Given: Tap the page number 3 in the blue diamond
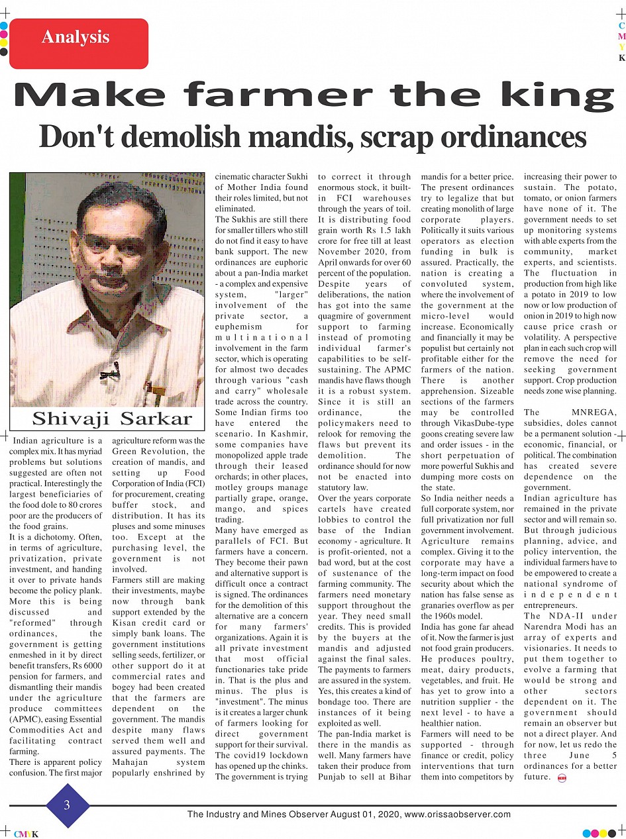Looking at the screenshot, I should click(x=67, y=805).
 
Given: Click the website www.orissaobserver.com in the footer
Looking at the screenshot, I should click(x=457, y=814).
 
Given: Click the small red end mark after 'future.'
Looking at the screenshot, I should click(x=562, y=777).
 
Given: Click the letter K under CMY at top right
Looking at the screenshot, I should click(x=621, y=58).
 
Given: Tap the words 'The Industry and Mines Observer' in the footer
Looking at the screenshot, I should click(x=252, y=814).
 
